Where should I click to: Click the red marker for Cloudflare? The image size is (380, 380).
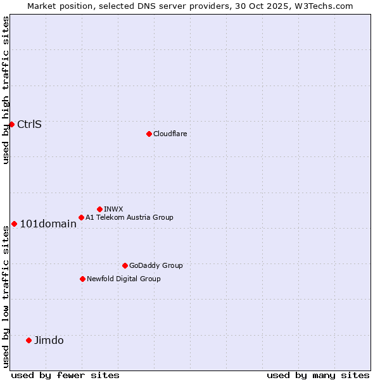pyautogui.click(x=149, y=134)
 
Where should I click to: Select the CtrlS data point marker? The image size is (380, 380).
pyautogui.click(x=11, y=124)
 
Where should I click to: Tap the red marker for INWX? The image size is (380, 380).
pyautogui.click(x=99, y=209)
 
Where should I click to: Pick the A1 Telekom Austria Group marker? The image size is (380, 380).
pyautogui.click(x=81, y=217)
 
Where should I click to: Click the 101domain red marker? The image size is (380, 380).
pyautogui.click(x=14, y=224)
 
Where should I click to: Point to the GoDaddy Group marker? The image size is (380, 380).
pyautogui.click(x=125, y=265)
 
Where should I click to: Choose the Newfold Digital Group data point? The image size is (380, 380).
pyautogui.click(x=82, y=279)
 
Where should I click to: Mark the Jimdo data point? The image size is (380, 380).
pyautogui.click(x=28, y=340)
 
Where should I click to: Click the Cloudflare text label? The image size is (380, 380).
pyautogui.click(x=170, y=134)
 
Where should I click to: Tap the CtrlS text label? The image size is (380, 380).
pyautogui.click(x=29, y=124)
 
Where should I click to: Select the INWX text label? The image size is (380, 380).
pyautogui.click(x=113, y=209)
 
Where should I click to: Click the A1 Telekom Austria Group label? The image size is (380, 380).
pyautogui.click(x=129, y=217)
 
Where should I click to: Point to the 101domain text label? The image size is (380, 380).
pyautogui.click(x=48, y=224)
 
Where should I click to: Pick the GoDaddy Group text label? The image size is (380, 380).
pyautogui.click(x=156, y=265)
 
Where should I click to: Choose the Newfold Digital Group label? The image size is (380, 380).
pyautogui.click(x=123, y=279)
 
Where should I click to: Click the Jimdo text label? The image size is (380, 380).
pyautogui.click(x=49, y=340)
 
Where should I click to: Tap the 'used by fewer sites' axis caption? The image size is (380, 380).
pyautogui.click(x=65, y=375)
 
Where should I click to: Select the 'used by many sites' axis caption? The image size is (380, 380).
pyautogui.click(x=318, y=375)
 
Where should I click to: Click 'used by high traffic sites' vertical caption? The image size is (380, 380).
pyautogui.click(x=6, y=90)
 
